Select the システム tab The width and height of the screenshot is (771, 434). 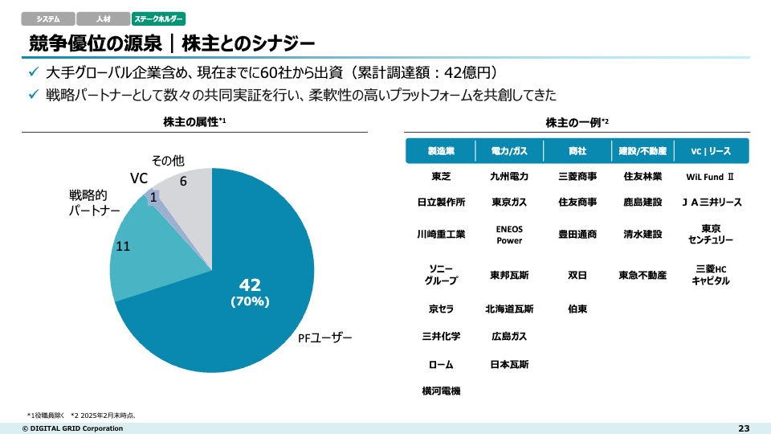point(48,18)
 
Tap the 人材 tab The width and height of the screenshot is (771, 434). point(103,18)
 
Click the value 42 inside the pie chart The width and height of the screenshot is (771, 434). point(250,285)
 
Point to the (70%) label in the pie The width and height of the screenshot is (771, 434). point(250,302)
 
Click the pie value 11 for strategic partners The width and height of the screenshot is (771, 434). point(123,246)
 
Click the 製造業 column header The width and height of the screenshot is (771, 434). point(441,151)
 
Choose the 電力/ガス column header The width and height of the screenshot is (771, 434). point(509,151)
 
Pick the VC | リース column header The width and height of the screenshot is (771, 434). point(711,151)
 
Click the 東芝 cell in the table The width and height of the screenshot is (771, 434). point(441,176)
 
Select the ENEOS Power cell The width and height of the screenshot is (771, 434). point(509,234)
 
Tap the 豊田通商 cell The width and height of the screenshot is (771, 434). point(577,234)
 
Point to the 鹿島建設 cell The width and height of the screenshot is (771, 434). point(642,202)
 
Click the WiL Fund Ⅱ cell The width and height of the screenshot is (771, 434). point(711,176)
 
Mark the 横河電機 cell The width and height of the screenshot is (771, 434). point(441,391)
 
